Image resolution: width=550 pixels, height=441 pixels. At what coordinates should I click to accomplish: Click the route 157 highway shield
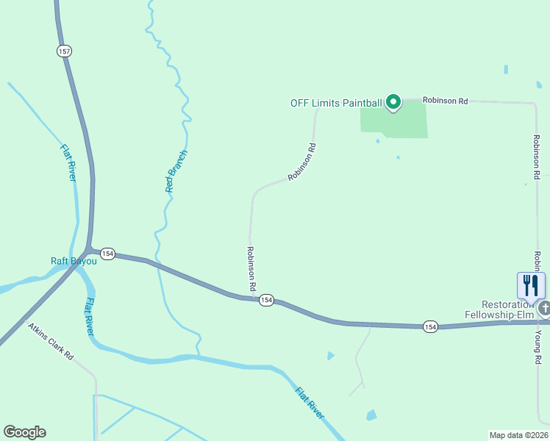64,51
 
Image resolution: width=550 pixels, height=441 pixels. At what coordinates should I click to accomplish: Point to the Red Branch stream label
176,171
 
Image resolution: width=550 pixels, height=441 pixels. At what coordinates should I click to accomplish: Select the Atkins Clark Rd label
51,342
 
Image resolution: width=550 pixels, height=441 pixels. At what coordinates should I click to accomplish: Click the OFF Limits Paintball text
335,103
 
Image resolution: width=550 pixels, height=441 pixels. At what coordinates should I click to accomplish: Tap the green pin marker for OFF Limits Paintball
393,102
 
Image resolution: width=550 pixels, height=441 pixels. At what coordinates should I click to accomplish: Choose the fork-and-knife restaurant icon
531,285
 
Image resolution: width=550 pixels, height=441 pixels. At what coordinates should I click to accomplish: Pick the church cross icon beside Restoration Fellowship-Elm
543,308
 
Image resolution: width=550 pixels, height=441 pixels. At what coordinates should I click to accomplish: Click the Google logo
24,432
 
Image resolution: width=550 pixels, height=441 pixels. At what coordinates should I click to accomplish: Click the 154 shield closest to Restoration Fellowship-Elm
431,326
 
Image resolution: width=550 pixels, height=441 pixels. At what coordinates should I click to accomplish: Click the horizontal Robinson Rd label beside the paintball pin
445,101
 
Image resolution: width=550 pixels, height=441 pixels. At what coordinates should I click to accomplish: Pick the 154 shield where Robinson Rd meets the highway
266,300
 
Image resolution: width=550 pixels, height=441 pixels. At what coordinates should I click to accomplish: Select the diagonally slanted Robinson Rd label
302,162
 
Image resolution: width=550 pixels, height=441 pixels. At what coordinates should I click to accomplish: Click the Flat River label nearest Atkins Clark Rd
88,317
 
